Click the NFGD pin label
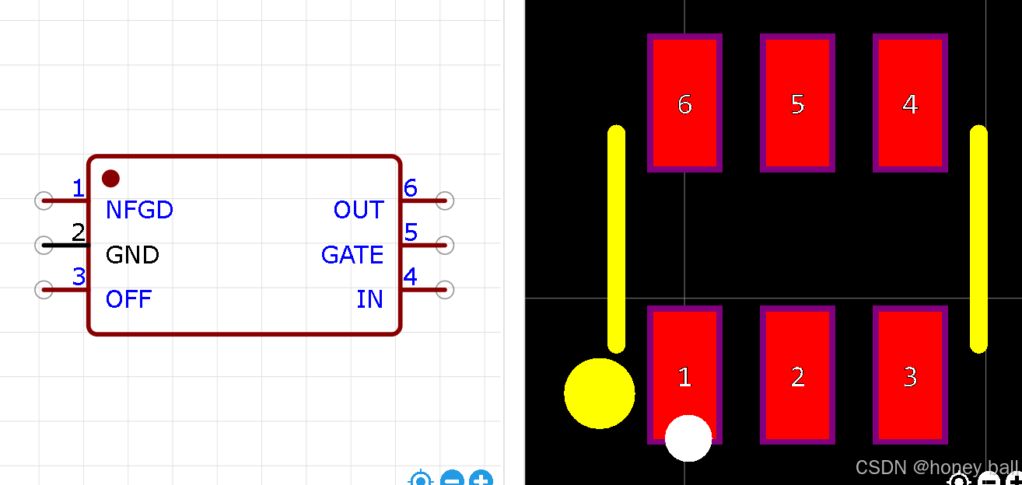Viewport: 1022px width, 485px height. pos(139,210)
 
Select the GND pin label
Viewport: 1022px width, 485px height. pos(132,255)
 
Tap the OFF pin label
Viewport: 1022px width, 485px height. pos(128,299)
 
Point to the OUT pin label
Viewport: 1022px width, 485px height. pos(359,210)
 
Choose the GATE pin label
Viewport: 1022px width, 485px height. pos(352,255)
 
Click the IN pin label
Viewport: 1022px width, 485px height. pos(369,299)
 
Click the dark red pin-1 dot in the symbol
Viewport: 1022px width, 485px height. pos(110,178)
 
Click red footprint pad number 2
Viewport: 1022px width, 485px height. pos(797,375)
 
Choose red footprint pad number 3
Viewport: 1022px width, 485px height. pos(910,375)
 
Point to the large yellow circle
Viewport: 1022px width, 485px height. pos(599,393)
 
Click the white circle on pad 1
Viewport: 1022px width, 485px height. pos(688,438)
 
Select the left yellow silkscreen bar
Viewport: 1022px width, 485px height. pos(616,239)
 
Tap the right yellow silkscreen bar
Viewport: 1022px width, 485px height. pos(978,239)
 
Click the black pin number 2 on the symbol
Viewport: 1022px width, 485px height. pos(78,232)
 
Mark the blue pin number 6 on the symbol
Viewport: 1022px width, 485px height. pos(410,187)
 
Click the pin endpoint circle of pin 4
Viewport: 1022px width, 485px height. pos(445,290)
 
